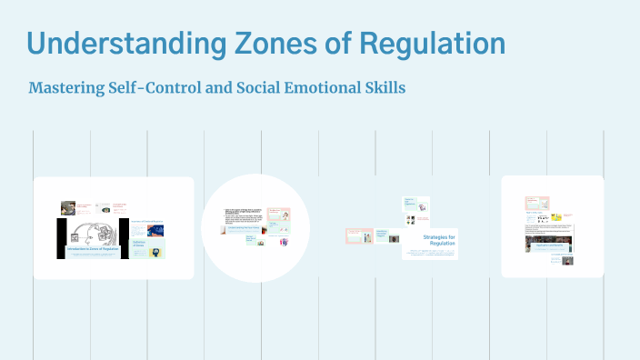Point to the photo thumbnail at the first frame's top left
click(68, 207)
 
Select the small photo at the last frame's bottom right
click(567, 260)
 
